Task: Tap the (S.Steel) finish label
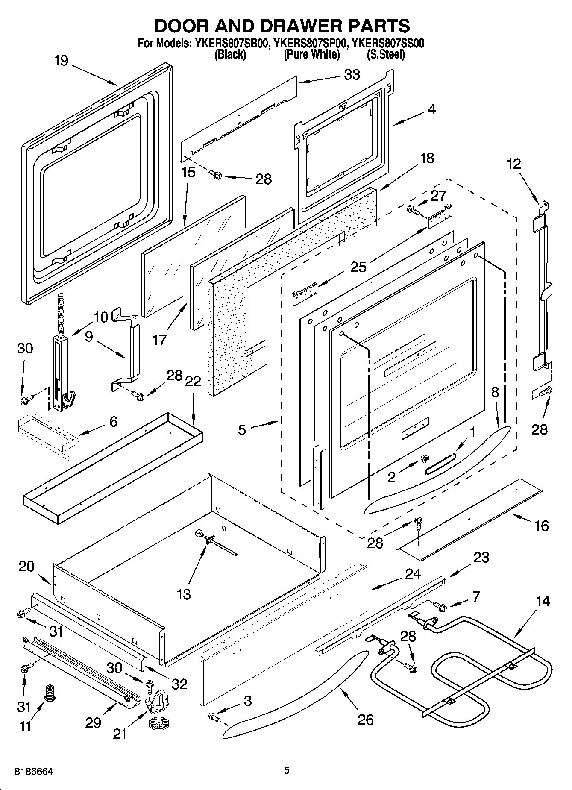point(386,54)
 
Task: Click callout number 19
point(61,61)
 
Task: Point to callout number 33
point(352,75)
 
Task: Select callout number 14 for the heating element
point(543,602)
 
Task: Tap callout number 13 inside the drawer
point(184,594)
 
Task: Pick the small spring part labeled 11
point(50,691)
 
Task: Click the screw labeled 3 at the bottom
point(214,717)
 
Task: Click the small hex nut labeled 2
point(425,458)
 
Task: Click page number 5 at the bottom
point(287,770)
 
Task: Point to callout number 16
point(541,526)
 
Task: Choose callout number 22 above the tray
point(193,381)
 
